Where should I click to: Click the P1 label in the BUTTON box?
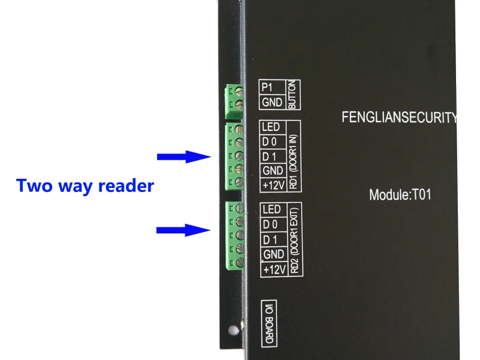pos(267,88)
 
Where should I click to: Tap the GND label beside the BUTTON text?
pos(272,102)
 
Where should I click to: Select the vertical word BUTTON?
pos(293,95)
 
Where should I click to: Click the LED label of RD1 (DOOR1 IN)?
pos(271,127)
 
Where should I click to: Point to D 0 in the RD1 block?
pos(269,142)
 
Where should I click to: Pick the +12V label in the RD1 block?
pos(274,185)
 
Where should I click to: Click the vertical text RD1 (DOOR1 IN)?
pos(293,161)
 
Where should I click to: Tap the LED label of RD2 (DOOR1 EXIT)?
pos(272,209)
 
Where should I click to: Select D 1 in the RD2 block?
pos(270,239)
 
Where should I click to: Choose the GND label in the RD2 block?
pos(274,254)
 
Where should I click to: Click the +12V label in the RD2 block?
pos(275,269)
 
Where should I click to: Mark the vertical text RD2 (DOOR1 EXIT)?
pos(295,241)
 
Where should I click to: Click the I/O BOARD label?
pos(269,323)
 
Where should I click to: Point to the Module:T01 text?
pos(400,194)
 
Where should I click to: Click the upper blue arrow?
pos(184,157)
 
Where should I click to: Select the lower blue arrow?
pos(184,230)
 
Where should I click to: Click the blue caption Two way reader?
pos(85,186)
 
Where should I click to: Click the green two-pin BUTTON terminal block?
pos(234,101)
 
